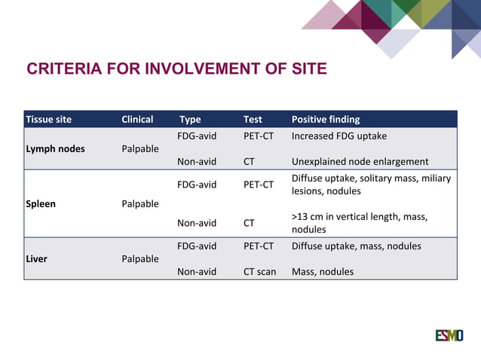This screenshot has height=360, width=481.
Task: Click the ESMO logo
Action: (449, 335)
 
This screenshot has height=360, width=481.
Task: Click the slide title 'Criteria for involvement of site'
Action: (176, 69)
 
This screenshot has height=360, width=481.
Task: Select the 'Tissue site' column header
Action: (49, 119)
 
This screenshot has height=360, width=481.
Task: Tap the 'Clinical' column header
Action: (137, 119)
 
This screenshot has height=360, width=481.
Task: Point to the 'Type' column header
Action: (190, 119)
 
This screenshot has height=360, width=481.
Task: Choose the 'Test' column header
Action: (253, 119)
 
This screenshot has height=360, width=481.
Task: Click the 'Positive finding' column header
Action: (326, 119)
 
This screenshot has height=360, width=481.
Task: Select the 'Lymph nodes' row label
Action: (55, 149)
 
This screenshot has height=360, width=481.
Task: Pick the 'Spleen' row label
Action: (41, 204)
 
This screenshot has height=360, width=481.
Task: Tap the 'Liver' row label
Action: (36, 259)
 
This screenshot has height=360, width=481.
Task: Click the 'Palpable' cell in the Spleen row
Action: (139, 204)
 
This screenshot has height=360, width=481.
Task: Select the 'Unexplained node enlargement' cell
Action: (360, 161)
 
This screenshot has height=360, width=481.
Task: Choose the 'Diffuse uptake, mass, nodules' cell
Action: (356, 246)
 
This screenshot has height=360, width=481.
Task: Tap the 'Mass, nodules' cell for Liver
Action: (322, 272)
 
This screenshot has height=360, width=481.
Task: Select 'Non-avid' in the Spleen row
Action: (196, 223)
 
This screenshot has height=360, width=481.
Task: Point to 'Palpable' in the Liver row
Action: (139, 259)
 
